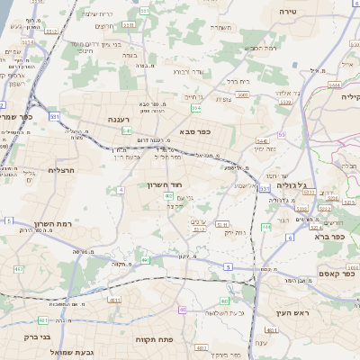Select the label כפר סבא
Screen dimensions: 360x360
[x=193, y=131]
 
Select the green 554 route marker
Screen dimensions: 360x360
[x=196, y=108]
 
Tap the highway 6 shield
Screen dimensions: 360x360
[x=291, y=238]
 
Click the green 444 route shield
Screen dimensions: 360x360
[x=266, y=227]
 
